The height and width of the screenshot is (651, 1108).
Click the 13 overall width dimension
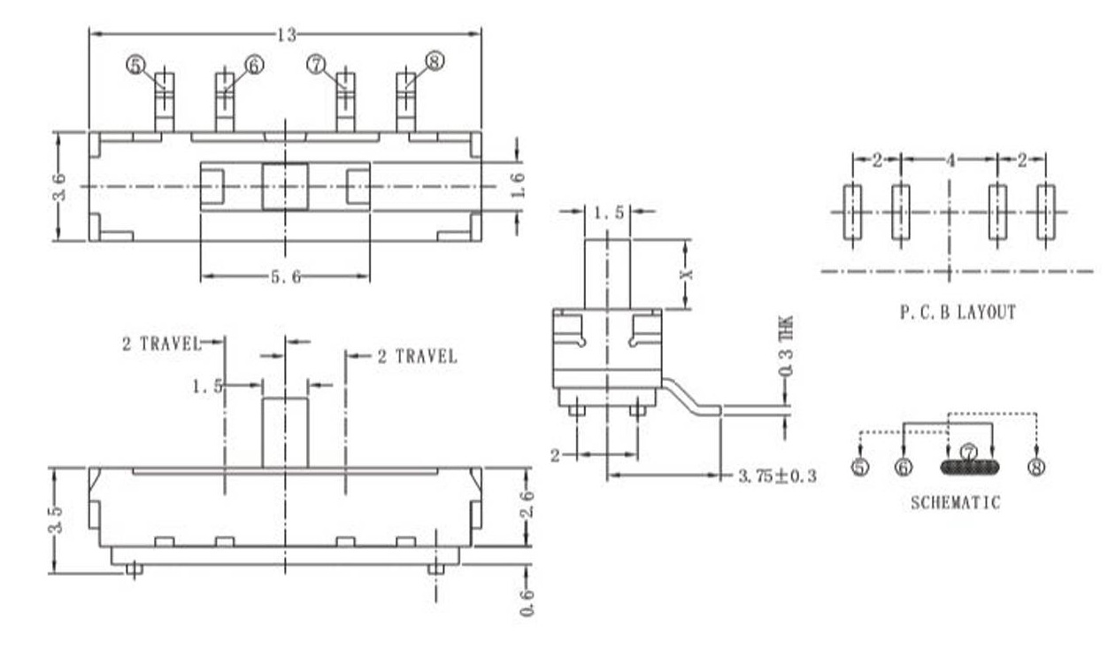286,35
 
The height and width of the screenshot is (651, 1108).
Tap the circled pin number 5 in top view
135,65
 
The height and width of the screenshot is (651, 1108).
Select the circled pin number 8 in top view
434,60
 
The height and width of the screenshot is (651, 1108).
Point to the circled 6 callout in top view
254,65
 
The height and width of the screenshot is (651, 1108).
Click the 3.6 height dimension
59,187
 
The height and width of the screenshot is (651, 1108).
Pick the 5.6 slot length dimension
285,276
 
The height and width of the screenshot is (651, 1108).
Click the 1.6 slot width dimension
519,186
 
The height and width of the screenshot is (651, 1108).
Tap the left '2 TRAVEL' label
161,344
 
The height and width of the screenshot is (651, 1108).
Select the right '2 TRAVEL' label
417,356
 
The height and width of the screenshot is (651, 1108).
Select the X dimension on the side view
687,274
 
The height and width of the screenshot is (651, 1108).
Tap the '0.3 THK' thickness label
787,350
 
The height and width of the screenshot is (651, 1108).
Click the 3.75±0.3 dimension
777,477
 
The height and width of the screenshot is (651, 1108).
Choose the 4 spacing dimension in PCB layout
950,160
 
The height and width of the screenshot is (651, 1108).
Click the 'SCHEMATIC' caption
955,503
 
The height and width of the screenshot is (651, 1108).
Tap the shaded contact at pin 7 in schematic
969,466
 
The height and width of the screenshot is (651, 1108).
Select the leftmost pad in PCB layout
851,212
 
